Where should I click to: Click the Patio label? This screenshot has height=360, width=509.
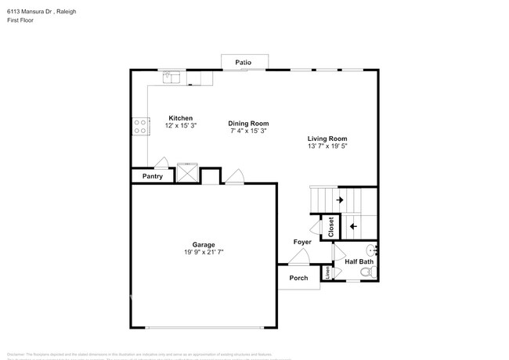click(x=244, y=61)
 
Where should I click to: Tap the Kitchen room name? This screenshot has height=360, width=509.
click(x=180, y=118)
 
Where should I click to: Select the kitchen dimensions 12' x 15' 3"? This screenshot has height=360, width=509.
click(x=180, y=126)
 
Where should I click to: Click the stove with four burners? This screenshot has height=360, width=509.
click(x=140, y=126)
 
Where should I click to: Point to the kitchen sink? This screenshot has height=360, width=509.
click(x=172, y=77)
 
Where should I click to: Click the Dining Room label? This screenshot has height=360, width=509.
click(x=248, y=123)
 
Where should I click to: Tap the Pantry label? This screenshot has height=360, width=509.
click(x=152, y=177)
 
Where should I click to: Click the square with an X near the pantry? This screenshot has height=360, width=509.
click(x=188, y=173)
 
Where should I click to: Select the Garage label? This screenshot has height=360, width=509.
click(x=204, y=244)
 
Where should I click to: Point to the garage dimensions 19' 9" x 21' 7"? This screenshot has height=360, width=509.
click(x=204, y=252)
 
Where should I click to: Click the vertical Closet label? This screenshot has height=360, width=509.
click(x=330, y=226)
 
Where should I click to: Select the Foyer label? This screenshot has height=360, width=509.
click(x=302, y=242)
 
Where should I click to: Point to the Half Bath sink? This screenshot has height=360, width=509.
click(x=374, y=250)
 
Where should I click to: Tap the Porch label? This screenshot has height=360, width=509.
click(x=298, y=278)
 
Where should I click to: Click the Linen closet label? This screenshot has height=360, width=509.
click(x=329, y=272)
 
